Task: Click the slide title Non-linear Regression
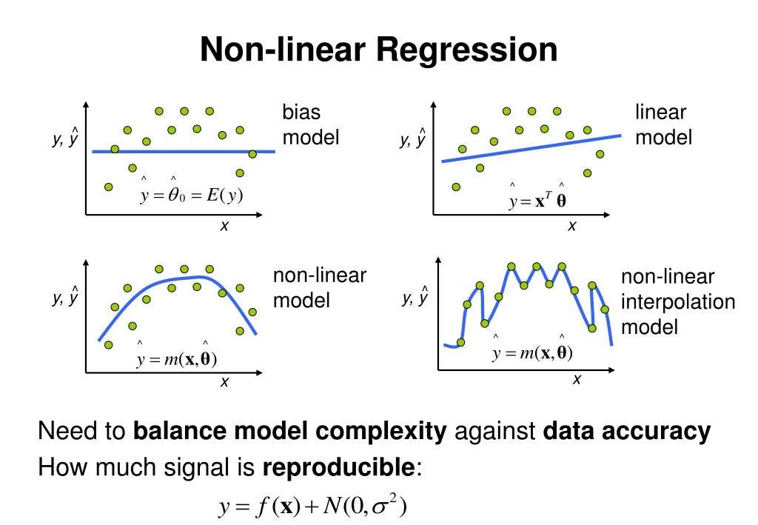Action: tap(378, 50)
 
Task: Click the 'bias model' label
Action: tap(310, 124)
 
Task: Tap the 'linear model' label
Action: tap(663, 124)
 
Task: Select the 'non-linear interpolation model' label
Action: tap(678, 301)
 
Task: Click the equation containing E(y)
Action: tap(192, 195)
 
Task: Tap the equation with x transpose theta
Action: tap(538, 201)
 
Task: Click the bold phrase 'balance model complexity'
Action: tap(290, 431)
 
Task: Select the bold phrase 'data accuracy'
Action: tap(627, 431)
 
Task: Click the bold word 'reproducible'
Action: tap(340, 468)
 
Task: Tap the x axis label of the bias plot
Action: tap(224, 227)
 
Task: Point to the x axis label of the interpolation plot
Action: tap(577, 379)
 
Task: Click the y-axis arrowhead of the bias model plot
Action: tap(87, 104)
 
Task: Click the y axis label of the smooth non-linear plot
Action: tap(66, 298)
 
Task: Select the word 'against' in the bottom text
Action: tap(494, 431)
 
